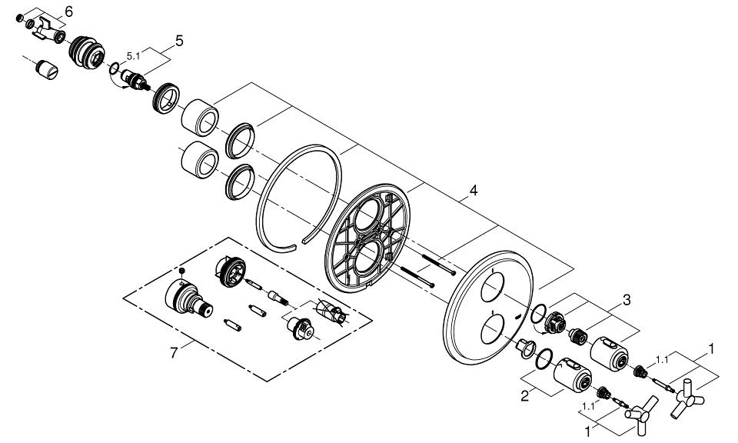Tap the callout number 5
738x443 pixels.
[x=178, y=40]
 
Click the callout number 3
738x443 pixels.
[x=627, y=301]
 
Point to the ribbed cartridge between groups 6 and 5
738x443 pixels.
[x=86, y=53]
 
